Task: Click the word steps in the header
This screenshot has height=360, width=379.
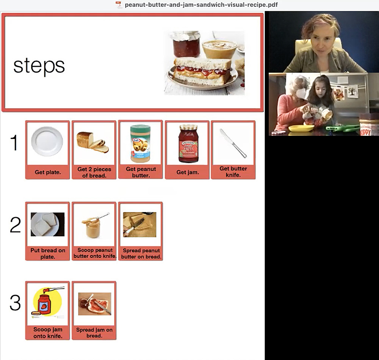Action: tap(39, 66)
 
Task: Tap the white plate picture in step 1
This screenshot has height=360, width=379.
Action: tap(47, 141)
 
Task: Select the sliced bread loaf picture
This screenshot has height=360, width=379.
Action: tap(93, 142)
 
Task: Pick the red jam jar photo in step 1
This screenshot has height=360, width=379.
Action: tap(188, 143)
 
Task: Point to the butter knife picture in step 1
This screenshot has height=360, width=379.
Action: tap(233, 143)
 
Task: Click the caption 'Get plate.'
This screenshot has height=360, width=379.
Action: tap(48, 172)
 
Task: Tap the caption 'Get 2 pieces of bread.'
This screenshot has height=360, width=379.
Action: tap(94, 172)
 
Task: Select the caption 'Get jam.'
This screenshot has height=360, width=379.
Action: tap(188, 172)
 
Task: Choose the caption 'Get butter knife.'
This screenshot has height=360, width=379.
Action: tap(233, 172)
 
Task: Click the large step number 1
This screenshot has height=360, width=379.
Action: tap(14, 143)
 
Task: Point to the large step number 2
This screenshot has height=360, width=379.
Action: tap(15, 225)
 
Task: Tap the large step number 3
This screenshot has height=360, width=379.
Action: tap(15, 302)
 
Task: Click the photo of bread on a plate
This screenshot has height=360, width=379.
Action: tap(47, 224)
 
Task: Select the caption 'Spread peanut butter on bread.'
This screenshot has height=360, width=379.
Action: tap(141, 254)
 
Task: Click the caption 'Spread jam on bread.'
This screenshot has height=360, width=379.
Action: tap(94, 333)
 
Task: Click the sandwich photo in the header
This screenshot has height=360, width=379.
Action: tap(204, 63)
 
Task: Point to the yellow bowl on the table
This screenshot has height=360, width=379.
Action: tap(301, 128)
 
